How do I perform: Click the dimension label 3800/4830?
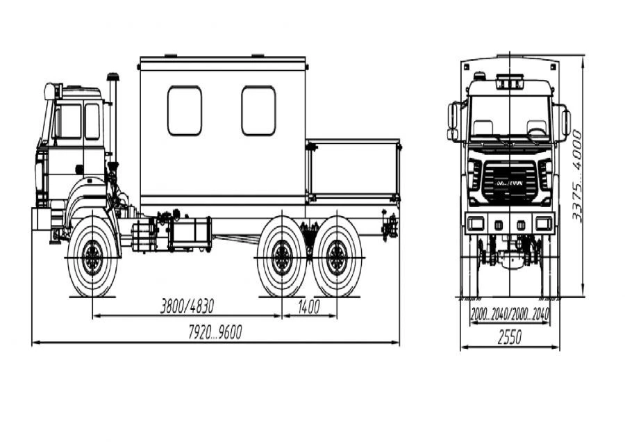pyautogui.click(x=187, y=306)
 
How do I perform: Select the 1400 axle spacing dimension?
pyautogui.click(x=308, y=306)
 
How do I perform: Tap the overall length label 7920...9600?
pyautogui.click(x=215, y=333)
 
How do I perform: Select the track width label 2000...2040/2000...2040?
pyautogui.click(x=509, y=315)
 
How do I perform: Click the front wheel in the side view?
pyautogui.click(x=92, y=258)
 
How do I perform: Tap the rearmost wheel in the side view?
pyautogui.click(x=337, y=258)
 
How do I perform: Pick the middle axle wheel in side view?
pyautogui.click(x=282, y=258)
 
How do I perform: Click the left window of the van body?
pyautogui.click(x=184, y=110)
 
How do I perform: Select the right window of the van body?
pyautogui.click(x=258, y=110)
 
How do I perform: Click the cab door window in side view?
pyautogui.click(x=69, y=122)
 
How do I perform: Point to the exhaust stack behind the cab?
pyautogui.click(x=112, y=118)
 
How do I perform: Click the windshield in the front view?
pyautogui.click(x=509, y=118)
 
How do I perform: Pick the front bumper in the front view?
pyautogui.click(x=509, y=223)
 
